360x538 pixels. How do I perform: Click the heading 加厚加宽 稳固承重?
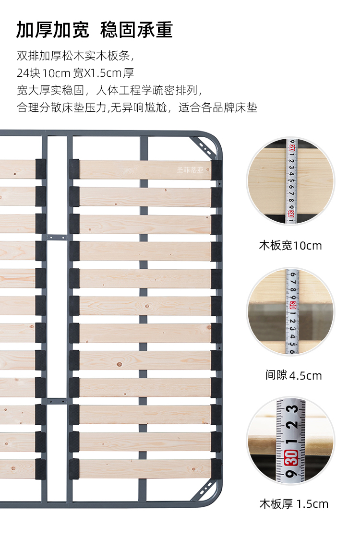coord(94,30)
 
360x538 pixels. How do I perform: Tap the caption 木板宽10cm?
coord(290,246)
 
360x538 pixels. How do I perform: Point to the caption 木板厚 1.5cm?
coord(294,503)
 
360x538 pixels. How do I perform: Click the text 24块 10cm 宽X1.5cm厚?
coord(75,73)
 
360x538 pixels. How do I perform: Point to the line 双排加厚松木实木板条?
coord(75,56)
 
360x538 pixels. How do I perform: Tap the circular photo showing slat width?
coord(290,181)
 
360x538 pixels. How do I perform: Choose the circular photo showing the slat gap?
coord(290,311)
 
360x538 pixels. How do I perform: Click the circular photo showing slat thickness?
coord(290,440)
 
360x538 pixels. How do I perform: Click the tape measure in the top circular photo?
coord(291,181)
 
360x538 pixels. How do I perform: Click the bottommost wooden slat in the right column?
coord(144,469)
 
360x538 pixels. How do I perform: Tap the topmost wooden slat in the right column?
coord(144,169)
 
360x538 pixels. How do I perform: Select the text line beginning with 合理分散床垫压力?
coord(137,107)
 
